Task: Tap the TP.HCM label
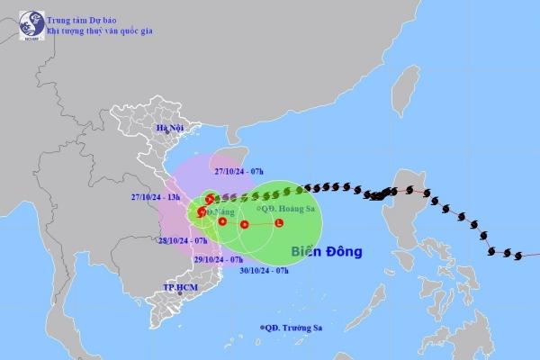coord(180,287)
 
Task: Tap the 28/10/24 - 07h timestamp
coord(183,240)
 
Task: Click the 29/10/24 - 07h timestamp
coord(219,258)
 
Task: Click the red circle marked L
coord(278,223)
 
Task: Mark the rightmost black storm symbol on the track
coord(517,255)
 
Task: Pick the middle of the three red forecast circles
coord(244,224)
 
